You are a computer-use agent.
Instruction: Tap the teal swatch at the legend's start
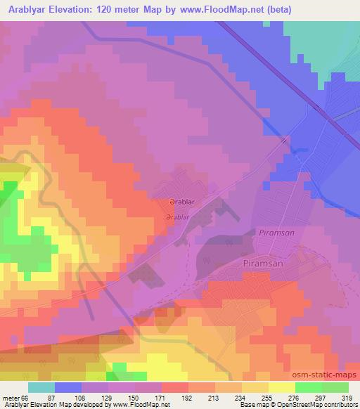tap(41, 387)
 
